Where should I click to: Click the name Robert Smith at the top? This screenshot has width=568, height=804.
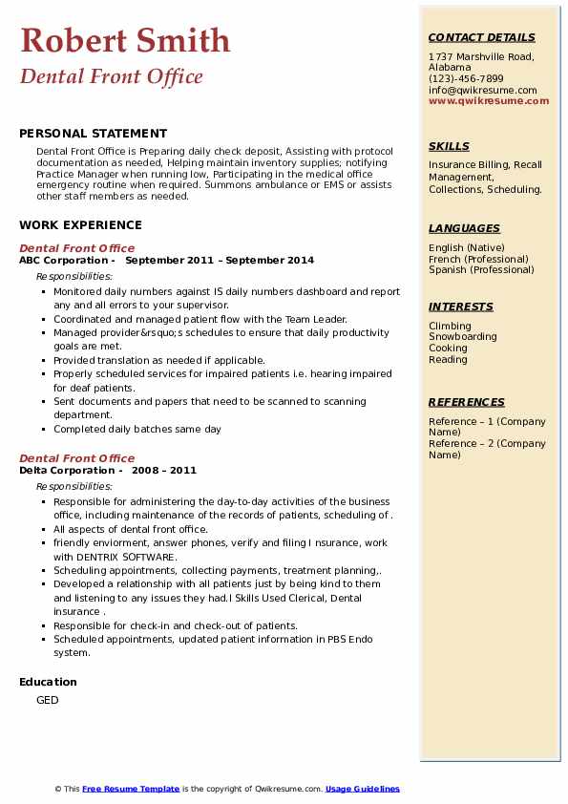pyautogui.click(x=125, y=40)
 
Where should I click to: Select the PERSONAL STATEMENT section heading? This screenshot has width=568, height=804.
pyautogui.click(x=93, y=134)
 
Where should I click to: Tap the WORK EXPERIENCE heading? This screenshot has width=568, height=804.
pyautogui.click(x=80, y=225)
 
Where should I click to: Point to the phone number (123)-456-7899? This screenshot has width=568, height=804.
pyautogui.click(x=466, y=79)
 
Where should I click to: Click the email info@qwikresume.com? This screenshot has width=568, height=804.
pyautogui.click(x=483, y=90)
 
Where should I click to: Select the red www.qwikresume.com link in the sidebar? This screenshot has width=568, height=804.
pyautogui.click(x=489, y=101)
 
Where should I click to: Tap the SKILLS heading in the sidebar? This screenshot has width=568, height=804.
pyautogui.click(x=449, y=147)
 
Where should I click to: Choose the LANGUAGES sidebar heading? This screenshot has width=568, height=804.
pyautogui.click(x=464, y=229)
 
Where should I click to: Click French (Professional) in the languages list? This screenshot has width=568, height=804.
pyautogui.click(x=478, y=259)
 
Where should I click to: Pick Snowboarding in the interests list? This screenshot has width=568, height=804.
pyautogui.click(x=463, y=337)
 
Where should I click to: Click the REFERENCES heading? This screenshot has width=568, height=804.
pyautogui.click(x=466, y=403)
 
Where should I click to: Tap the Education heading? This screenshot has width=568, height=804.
pyautogui.click(x=48, y=682)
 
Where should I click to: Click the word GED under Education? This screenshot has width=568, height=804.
pyautogui.click(x=48, y=700)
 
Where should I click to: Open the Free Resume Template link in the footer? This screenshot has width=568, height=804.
pyautogui.click(x=131, y=789)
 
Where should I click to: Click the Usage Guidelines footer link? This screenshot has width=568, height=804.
pyautogui.click(x=363, y=789)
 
